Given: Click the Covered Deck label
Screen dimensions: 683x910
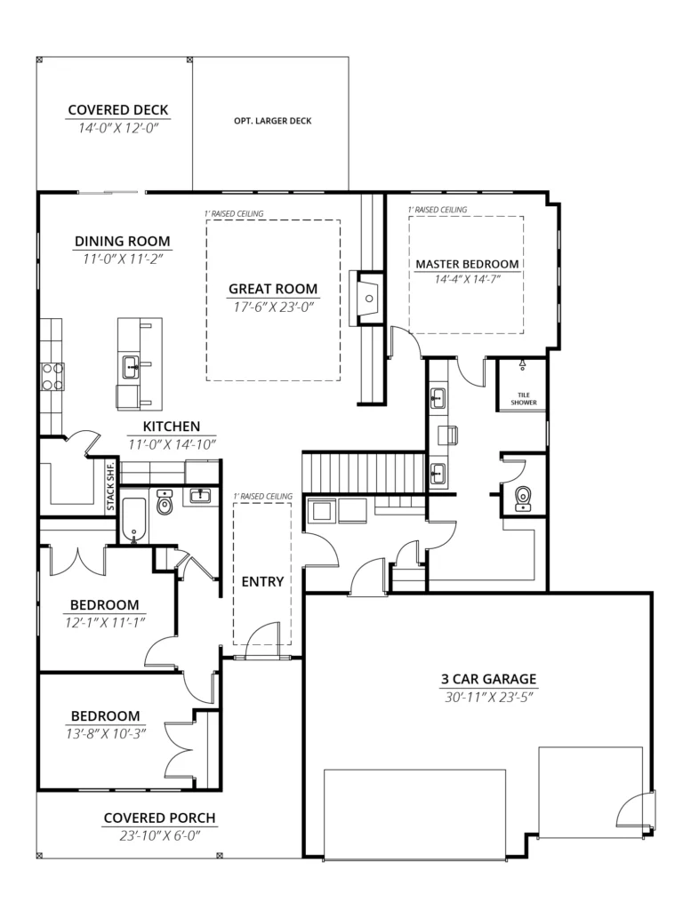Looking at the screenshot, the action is [x=118, y=109].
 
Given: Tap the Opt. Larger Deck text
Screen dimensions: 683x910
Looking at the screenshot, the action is [x=273, y=121].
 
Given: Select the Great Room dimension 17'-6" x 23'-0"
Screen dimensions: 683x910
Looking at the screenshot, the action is [x=273, y=307].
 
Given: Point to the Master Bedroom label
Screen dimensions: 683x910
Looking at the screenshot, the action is [x=467, y=264].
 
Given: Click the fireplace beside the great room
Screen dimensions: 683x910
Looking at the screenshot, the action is [x=367, y=298].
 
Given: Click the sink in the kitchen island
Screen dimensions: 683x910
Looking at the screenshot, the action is [x=131, y=367].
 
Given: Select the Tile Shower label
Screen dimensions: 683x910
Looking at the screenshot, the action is [x=523, y=399].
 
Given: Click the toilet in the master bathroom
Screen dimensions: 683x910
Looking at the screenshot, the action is [x=523, y=499].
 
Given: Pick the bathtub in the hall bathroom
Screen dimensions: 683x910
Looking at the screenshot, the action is [x=135, y=520].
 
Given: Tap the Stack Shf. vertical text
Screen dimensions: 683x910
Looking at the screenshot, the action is [x=110, y=486].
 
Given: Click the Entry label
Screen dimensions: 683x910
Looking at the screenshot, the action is [x=262, y=581].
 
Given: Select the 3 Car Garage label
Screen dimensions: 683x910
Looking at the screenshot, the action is [x=488, y=679].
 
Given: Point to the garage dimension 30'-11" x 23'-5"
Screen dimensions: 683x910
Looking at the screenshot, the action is [x=488, y=697].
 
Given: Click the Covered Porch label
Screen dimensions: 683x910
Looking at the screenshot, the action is [x=159, y=818].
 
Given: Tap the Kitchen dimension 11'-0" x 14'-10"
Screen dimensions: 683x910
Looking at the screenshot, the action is [x=172, y=444].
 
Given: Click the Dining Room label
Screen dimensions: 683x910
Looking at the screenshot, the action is [x=123, y=241].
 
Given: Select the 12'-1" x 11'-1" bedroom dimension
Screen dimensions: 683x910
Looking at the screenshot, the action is [x=105, y=623].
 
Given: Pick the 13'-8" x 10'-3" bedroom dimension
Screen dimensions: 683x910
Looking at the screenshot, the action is [x=105, y=733].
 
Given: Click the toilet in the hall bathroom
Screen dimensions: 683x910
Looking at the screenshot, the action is [x=165, y=503].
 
